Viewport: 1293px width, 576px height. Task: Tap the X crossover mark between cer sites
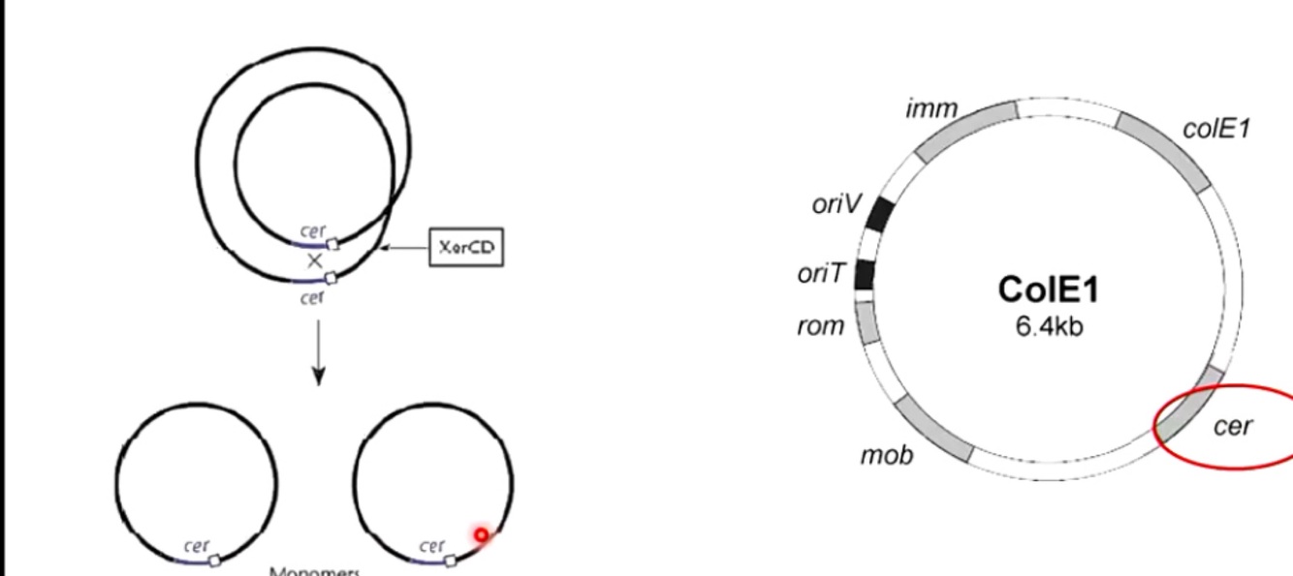[x=314, y=261]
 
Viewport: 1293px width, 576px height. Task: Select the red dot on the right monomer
[x=481, y=534]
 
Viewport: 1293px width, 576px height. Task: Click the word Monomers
[x=314, y=570]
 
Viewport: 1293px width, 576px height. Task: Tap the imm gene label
[x=930, y=109]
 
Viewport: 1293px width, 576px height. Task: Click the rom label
[x=820, y=327]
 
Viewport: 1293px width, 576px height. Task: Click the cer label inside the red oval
[x=1233, y=425]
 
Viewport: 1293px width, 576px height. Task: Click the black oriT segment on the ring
[x=865, y=275]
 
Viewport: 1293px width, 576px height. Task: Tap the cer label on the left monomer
[x=196, y=546]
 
